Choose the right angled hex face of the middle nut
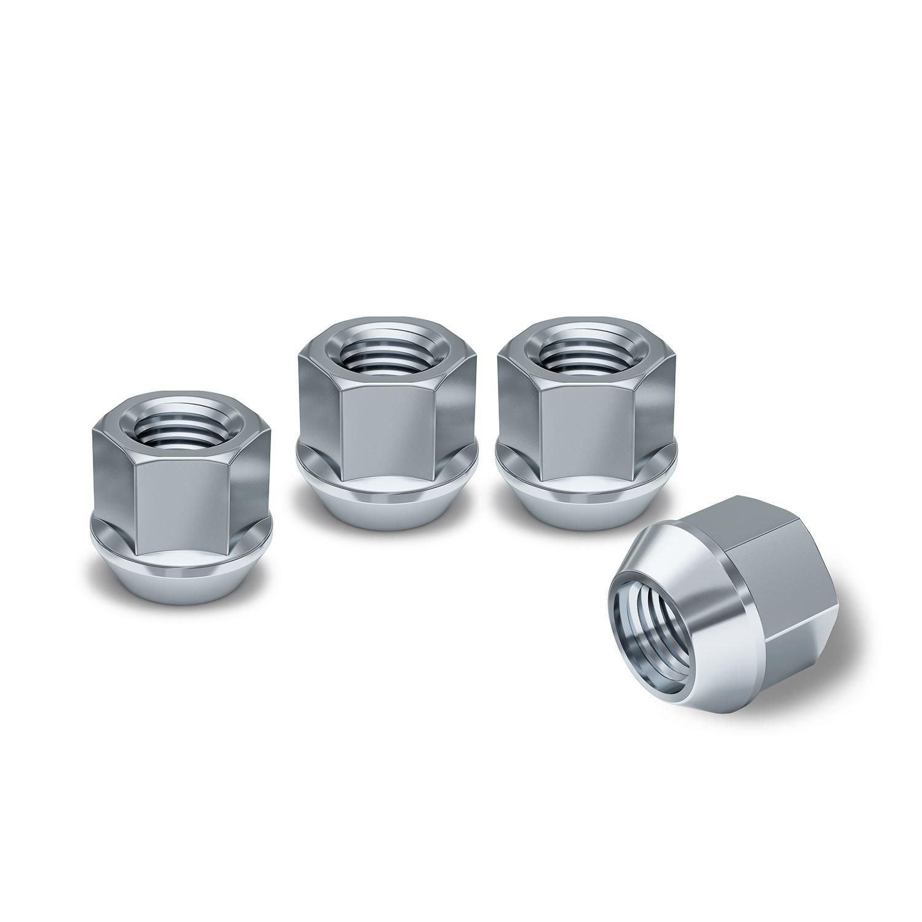pyautogui.click(x=455, y=409)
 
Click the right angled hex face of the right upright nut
pyautogui.click(x=655, y=409)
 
